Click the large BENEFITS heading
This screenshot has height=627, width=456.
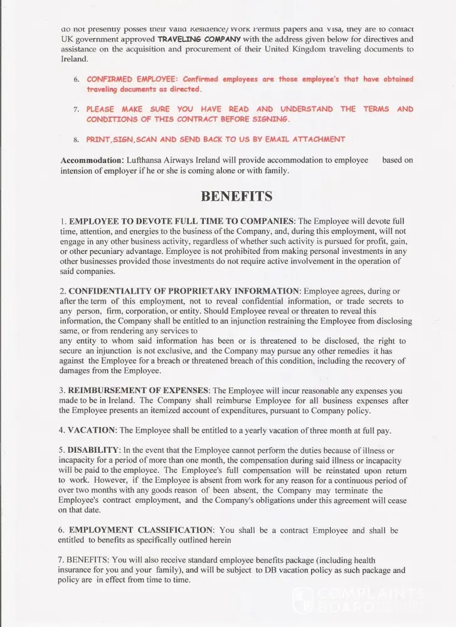coord(236,196)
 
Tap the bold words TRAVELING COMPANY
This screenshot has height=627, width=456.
coord(199,39)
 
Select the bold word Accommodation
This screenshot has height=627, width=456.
coord(91,161)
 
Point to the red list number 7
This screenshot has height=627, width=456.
coord(76,110)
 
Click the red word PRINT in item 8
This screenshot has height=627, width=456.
coord(98,139)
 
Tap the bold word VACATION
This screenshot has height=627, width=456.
coord(92,430)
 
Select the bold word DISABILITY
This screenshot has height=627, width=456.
coord(93,450)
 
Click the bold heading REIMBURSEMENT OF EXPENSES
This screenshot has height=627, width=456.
coord(138,391)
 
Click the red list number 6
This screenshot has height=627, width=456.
coord(76,80)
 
